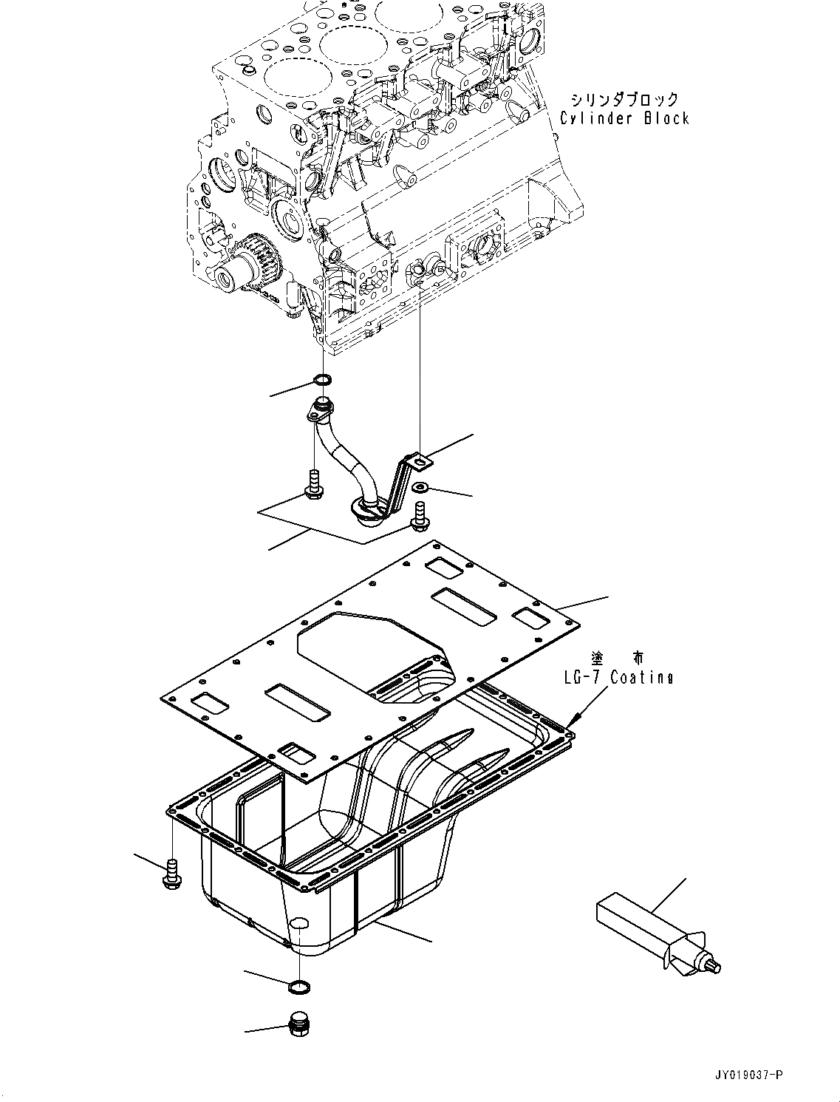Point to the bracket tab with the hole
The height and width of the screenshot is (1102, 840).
[x=421, y=462]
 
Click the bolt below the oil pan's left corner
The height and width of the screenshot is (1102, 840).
[x=171, y=874]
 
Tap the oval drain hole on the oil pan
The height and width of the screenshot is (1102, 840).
[x=298, y=923]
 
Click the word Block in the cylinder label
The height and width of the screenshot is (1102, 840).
[x=666, y=118]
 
